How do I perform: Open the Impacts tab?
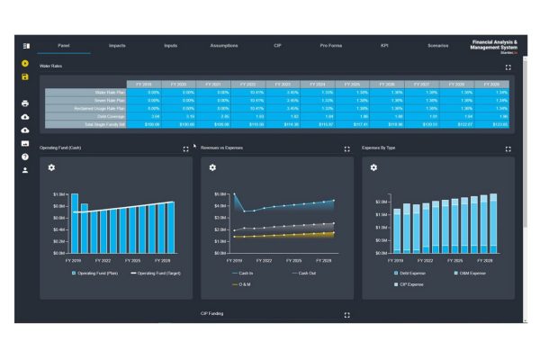pyautogui.click(x=117, y=45)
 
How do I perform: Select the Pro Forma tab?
pyautogui.click(x=331, y=45)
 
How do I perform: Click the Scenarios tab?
pyautogui.click(x=438, y=45)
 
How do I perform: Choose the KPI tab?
pyautogui.click(x=384, y=45)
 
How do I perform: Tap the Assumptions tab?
pyautogui.click(x=224, y=45)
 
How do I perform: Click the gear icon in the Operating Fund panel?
pyautogui.click(x=51, y=167)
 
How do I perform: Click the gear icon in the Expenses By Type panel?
pyautogui.click(x=373, y=167)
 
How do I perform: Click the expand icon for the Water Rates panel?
pyautogui.click(x=508, y=67)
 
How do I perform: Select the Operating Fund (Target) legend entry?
pyautogui.click(x=162, y=272)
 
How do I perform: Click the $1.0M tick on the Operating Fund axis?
pyautogui.click(x=58, y=193)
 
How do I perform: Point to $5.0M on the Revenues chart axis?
pyautogui.click(x=219, y=193)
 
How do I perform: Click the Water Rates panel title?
pyautogui.click(x=51, y=67)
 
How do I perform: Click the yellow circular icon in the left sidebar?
pyautogui.click(x=25, y=64)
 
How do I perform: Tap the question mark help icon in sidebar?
pyautogui.click(x=25, y=157)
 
